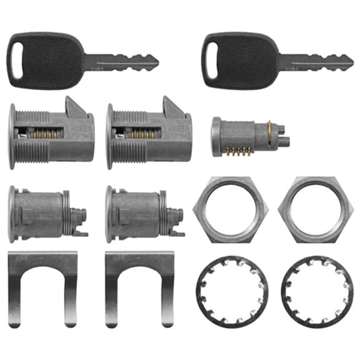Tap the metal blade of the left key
[125, 62]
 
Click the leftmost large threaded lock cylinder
[50, 134]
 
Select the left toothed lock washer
[229, 289]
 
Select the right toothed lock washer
[313, 289]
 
